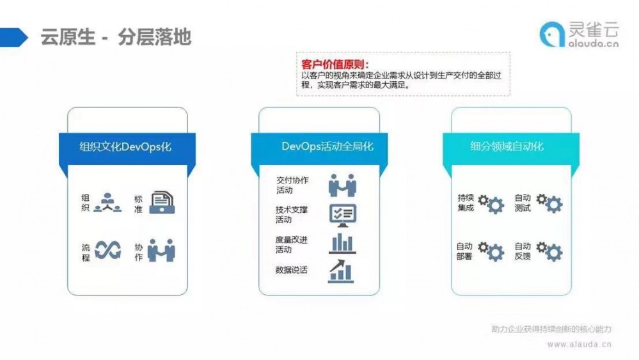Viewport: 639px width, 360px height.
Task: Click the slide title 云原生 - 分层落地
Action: click(x=116, y=36)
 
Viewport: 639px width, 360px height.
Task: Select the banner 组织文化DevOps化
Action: click(x=125, y=146)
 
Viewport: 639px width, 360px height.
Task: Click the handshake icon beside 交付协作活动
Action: click(x=342, y=185)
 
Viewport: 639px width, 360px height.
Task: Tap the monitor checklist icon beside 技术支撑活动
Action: click(x=342, y=215)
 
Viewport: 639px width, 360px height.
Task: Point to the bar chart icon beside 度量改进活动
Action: click(x=342, y=244)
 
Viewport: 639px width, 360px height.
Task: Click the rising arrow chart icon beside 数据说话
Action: click(x=342, y=270)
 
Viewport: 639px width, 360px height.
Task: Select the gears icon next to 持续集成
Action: click(x=491, y=203)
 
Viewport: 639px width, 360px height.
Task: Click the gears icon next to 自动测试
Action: click(x=549, y=203)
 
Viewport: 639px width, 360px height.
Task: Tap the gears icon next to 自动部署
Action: click(x=491, y=251)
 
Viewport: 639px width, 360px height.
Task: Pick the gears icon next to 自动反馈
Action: click(x=549, y=251)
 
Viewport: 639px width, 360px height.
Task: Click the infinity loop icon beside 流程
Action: click(x=107, y=251)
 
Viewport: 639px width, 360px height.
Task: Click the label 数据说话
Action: click(x=291, y=270)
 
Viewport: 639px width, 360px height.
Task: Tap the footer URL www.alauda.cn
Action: click(x=579, y=343)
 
